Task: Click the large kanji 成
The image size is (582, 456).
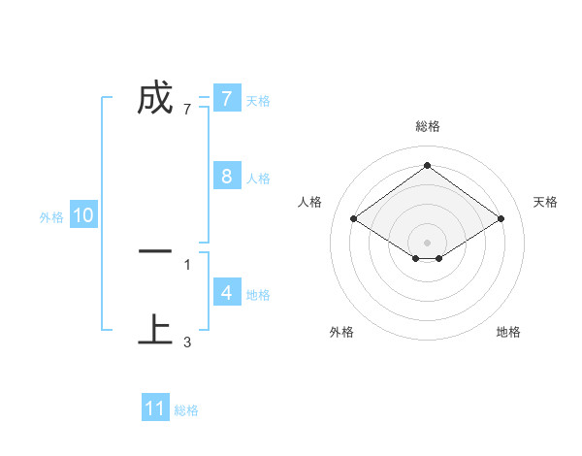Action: coord(155,97)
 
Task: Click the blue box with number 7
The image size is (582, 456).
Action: coord(226,98)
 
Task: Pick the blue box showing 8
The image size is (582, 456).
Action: coord(226,177)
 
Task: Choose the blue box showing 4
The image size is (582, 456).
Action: coord(226,292)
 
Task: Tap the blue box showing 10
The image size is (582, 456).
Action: coord(83,215)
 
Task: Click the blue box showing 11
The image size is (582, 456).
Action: coord(155,408)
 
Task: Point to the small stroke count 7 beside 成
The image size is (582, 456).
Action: coord(187,110)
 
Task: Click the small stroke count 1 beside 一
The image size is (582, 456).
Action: coord(187,264)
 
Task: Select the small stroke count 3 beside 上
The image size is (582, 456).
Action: coord(187,342)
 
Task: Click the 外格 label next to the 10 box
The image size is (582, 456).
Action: coord(51,217)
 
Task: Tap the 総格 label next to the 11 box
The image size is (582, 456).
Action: coord(186,410)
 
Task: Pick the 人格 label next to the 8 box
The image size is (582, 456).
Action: coord(258,179)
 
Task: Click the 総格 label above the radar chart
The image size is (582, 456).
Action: coord(428,126)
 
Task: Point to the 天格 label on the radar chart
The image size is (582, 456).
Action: coord(545,202)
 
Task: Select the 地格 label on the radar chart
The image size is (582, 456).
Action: coord(508,332)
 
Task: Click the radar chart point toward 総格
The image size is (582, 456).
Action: coord(428,166)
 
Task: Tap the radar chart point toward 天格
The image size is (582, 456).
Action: coord(501,219)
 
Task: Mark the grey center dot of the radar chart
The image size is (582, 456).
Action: coord(428,242)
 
